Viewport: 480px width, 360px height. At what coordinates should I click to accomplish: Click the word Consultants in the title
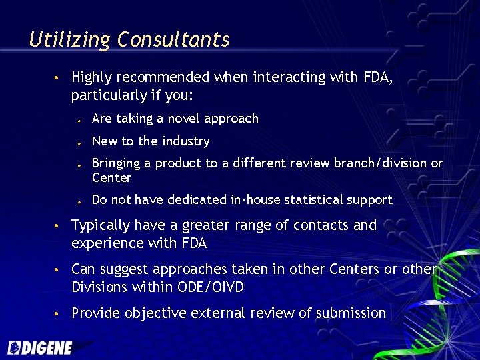point(173,40)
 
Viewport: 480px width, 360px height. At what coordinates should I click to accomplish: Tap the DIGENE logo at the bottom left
point(39,347)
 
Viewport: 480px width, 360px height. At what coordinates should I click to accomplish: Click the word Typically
point(101,226)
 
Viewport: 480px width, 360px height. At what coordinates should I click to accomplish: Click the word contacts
point(318,225)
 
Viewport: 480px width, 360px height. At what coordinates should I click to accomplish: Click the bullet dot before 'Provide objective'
point(59,314)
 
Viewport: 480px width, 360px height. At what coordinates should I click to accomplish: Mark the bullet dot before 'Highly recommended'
point(59,79)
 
